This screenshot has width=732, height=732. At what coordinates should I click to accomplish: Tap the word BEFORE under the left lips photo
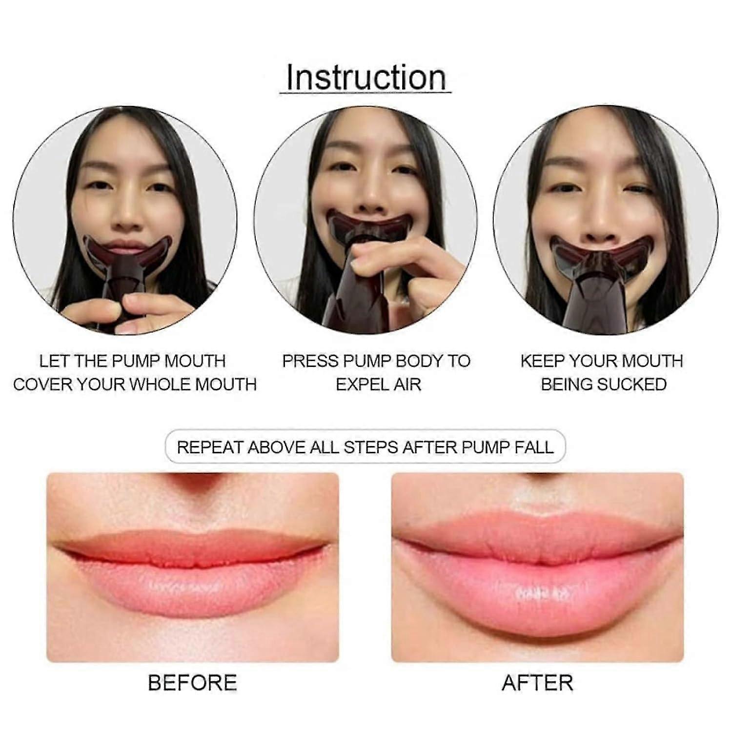[x=192, y=683]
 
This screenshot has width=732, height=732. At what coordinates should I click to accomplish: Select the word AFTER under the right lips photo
[x=537, y=683]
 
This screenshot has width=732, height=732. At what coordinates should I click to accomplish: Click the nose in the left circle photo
[x=128, y=215]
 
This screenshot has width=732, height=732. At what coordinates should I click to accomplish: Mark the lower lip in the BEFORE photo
[x=193, y=588]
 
